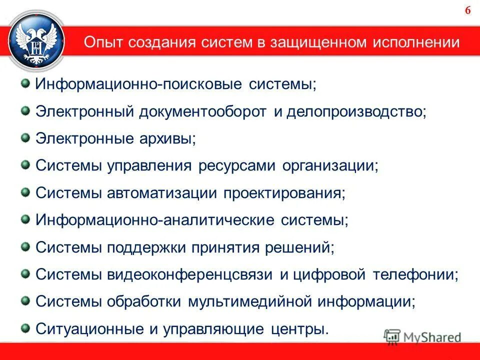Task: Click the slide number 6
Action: pyautogui.click(x=468, y=11)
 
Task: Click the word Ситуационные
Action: pyautogui.click(x=92, y=329)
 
